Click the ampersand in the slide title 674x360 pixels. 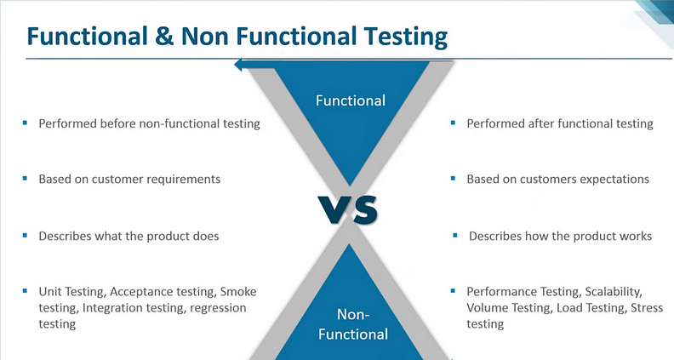[163, 36]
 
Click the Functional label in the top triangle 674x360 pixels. [351, 100]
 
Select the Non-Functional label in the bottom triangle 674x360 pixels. [353, 324]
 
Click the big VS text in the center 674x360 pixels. [348, 209]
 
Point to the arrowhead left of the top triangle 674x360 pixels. [238, 65]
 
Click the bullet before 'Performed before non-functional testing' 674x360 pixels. [25, 123]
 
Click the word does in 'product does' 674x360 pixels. [205, 236]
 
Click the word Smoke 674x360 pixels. [238, 292]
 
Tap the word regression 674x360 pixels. [218, 309]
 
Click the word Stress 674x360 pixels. [647, 308]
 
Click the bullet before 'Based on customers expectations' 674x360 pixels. [453, 179]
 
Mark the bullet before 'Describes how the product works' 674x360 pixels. [455, 235]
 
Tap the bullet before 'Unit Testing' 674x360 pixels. [25, 291]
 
